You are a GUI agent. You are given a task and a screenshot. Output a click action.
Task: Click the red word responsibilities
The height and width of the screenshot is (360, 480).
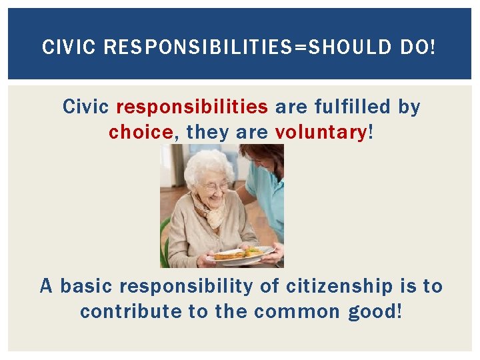tap(192, 107)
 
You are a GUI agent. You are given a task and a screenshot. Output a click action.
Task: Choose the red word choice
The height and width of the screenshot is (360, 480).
tap(141, 133)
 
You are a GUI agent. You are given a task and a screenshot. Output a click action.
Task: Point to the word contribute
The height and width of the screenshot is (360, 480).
tap(129, 312)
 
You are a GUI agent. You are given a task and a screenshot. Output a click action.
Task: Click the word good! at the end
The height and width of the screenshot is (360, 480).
tap(375, 312)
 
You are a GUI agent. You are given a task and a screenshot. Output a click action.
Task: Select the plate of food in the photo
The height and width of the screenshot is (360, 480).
tap(240, 254)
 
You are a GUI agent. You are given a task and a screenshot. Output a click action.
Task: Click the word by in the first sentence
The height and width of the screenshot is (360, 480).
tap(409, 107)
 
